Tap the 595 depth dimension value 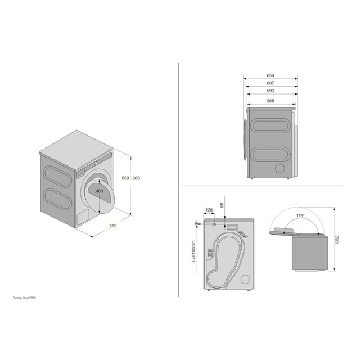tap(113, 226)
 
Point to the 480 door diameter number tap(100, 191)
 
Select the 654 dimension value tap(271, 75)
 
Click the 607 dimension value tap(271, 83)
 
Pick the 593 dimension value tap(271, 90)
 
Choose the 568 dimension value tap(271, 101)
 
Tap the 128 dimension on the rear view tap(209, 210)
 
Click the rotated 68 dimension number tap(223, 206)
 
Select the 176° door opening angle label tap(300, 216)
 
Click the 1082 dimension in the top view tap(336, 240)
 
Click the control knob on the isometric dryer tap(96, 162)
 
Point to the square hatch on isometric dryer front tap(82, 217)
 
